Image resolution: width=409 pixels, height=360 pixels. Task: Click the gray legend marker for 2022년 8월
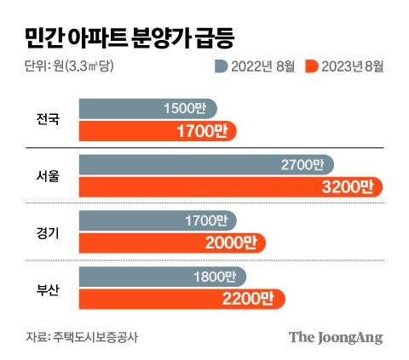tap(220, 66)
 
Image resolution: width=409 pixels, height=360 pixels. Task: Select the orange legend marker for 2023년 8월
tap(313, 66)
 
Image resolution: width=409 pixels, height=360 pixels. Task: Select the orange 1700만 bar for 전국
tap(157, 131)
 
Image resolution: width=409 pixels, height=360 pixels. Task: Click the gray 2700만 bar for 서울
tap(205, 164)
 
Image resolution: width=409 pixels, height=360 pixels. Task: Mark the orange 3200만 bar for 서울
tap(230, 186)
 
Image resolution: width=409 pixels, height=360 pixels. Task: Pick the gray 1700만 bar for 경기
tap(158, 220)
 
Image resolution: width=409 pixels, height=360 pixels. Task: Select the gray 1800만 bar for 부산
tap(162, 276)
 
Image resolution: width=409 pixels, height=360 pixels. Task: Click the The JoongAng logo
tap(334, 336)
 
